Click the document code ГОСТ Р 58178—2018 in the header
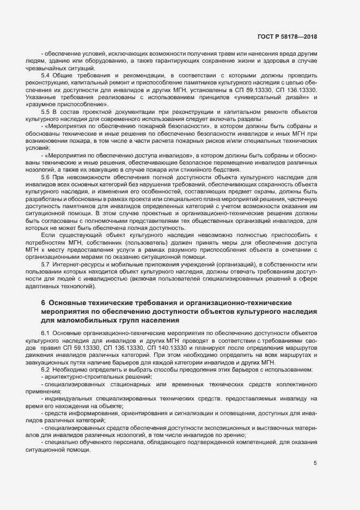click(x=287, y=37)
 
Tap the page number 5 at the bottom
click(x=315, y=463)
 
